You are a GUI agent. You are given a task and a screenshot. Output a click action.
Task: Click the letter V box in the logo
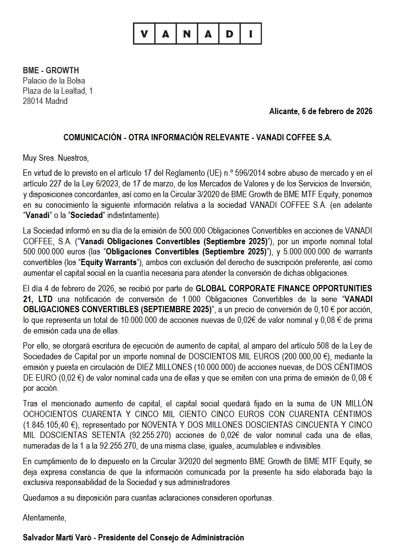click(144, 34)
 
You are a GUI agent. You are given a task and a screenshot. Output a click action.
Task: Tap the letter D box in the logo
click(230, 34)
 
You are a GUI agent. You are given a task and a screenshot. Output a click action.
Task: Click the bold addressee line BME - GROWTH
click(51, 70)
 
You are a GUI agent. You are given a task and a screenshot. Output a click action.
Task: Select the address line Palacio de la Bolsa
click(54, 81)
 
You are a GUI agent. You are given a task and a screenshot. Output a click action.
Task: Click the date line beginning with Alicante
click(321, 111)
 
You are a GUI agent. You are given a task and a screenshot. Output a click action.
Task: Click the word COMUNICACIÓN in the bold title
click(92, 137)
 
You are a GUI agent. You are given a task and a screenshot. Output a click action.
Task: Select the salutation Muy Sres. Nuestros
click(56, 158)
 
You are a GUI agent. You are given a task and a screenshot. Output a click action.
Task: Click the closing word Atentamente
click(44, 518)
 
